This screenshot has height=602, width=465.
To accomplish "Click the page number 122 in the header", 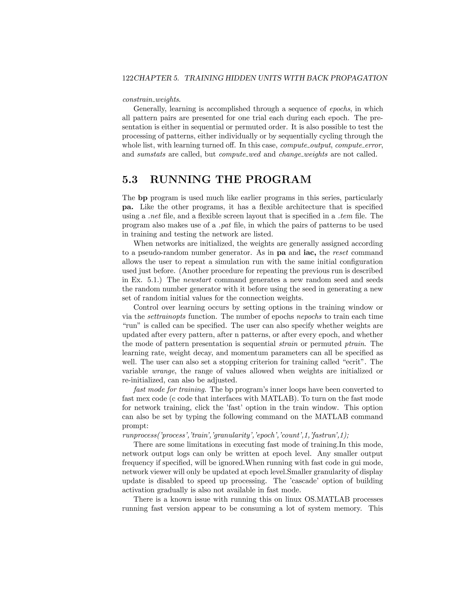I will coord(128,78).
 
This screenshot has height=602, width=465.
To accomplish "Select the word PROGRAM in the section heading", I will coord(278,179).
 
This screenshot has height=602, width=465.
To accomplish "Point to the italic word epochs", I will coord(340,109).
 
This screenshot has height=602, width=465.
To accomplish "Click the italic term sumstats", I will coord(151,154).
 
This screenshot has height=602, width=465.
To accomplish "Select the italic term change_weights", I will coord(303,154).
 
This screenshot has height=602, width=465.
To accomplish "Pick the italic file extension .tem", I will coord(345,216).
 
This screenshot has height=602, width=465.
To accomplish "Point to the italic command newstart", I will coord(197,280).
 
